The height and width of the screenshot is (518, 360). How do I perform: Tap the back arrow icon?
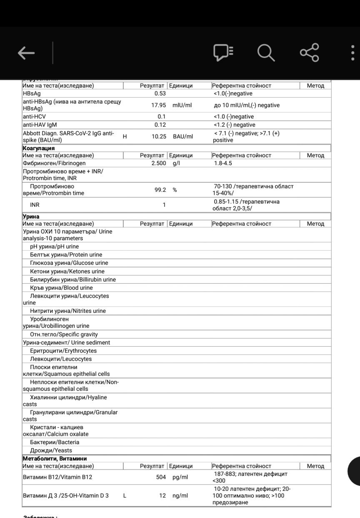26,53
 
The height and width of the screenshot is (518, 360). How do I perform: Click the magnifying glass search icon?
265,53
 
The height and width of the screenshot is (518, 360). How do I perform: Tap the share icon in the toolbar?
309,53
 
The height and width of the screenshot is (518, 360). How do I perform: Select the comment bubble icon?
223,53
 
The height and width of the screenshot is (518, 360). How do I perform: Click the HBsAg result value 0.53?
160,93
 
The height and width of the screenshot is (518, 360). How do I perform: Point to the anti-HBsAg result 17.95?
158,105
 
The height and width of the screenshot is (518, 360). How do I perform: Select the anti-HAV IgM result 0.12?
160,125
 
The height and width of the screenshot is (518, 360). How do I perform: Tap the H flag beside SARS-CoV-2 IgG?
125,136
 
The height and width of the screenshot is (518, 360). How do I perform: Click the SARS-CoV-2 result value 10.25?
158,136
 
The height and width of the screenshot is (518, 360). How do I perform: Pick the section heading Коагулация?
38,148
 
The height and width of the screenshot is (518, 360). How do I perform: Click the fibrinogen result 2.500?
158,163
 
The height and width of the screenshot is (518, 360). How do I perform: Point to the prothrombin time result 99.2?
160,190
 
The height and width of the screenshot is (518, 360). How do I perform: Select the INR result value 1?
164,205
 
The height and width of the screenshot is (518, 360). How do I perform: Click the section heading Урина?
31,216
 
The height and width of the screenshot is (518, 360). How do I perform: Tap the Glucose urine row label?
69,263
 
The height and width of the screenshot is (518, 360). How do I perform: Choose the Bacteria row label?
55,442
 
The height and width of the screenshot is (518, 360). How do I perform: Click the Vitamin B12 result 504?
161,477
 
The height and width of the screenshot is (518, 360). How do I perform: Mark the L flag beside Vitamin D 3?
125,495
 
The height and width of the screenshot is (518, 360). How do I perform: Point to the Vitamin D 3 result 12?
162,495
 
